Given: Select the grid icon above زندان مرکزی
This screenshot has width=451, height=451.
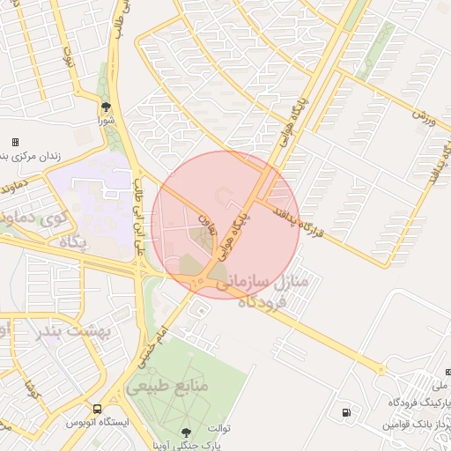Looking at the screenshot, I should click(x=15, y=142).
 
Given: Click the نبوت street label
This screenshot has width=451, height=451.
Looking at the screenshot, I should click(x=68, y=59).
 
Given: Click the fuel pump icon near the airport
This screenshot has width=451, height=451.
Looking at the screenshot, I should click(x=344, y=413).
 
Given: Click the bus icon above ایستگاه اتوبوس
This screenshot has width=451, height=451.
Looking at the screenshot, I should click(x=97, y=410).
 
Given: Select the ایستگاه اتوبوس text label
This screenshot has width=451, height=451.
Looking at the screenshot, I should click(x=98, y=424).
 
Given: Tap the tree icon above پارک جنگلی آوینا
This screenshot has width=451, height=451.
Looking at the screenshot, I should click(x=185, y=432).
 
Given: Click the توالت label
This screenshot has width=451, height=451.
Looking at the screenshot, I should click(x=218, y=428).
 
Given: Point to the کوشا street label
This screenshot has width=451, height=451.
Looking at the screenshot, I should click(x=31, y=388).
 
